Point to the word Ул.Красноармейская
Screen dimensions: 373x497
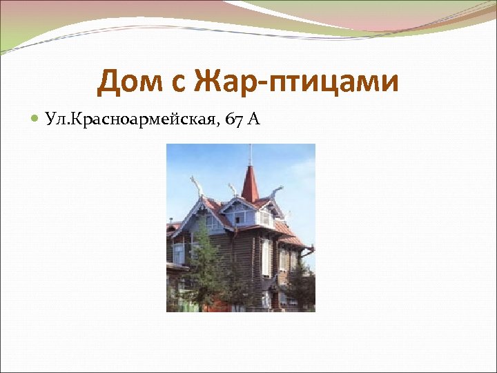[130, 120]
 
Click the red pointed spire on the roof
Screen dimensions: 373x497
[250, 183]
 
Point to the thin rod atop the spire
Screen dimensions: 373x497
[250, 155]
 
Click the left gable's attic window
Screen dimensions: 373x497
[206, 221]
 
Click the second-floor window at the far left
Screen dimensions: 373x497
[178, 253]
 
